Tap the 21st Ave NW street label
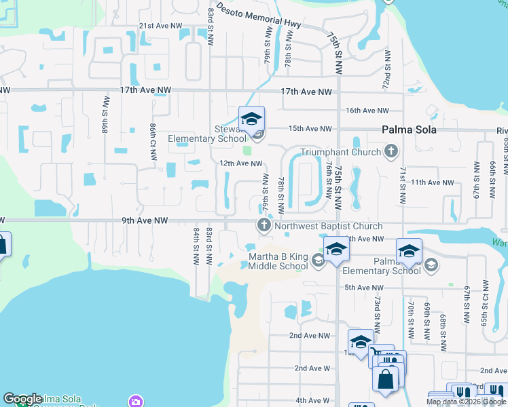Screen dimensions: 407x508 pyautogui.click(x=160, y=26)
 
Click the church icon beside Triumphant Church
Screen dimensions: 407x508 pyautogui.click(x=391, y=151)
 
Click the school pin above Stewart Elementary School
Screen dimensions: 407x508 pyautogui.click(x=251, y=119)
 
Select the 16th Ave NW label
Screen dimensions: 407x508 pyautogui.click(x=367, y=111)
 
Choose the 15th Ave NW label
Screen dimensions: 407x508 pyautogui.click(x=310, y=128)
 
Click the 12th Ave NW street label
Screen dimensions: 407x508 pyautogui.click(x=240, y=163)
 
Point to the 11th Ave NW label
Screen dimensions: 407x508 pyautogui.click(x=432, y=182)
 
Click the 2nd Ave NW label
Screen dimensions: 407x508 pyautogui.click(x=309, y=335)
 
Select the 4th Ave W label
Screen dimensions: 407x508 pyautogui.click(x=312, y=401)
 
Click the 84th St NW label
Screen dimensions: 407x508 pyautogui.click(x=196, y=246)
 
